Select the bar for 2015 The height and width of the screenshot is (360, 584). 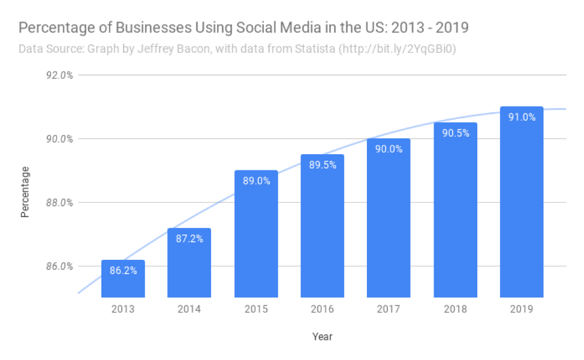point(256,234)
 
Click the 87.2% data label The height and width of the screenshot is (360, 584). point(189,239)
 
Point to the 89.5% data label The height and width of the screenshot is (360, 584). point(322,165)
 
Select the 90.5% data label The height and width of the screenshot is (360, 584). point(455,133)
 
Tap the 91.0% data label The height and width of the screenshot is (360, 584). point(521,118)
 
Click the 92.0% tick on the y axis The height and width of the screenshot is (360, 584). point(59,76)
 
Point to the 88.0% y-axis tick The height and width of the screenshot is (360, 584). point(59,203)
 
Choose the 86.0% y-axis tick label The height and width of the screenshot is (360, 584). point(59,266)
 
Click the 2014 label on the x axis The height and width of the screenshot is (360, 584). point(189,310)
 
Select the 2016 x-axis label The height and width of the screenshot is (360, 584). point(322,310)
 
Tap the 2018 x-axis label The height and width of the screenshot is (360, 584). point(455,310)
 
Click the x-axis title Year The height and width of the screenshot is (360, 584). point(322,337)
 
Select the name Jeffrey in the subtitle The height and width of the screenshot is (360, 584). point(146,49)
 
